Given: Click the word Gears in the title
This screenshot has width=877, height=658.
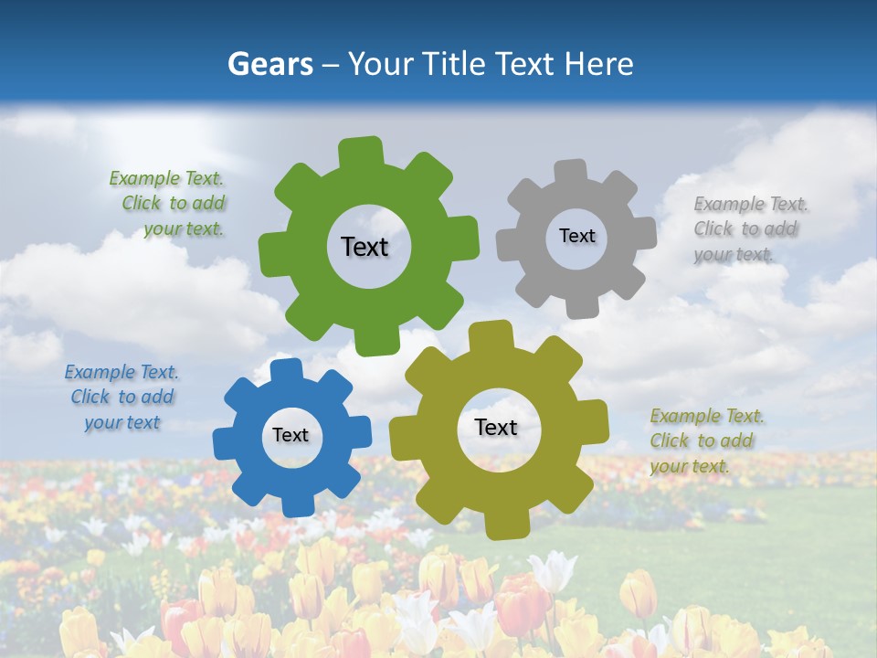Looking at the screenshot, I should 269,64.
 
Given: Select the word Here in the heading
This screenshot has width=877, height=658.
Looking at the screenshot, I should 598,64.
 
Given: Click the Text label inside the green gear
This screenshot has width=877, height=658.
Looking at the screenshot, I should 365,247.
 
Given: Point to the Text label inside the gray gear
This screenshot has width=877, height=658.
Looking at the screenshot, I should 576,236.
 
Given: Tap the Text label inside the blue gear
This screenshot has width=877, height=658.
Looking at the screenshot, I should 291,435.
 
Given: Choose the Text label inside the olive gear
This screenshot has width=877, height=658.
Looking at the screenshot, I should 496,427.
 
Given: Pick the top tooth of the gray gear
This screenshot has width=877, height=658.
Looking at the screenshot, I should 570,171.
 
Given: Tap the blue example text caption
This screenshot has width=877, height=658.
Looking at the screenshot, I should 122,398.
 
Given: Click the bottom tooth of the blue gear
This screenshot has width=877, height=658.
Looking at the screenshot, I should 295,504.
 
